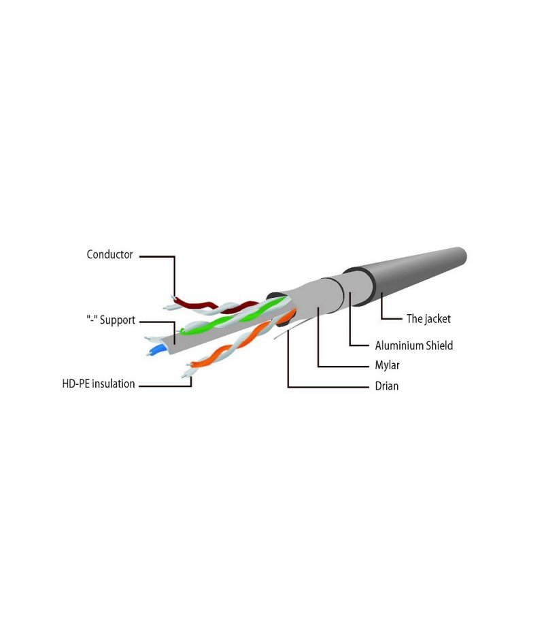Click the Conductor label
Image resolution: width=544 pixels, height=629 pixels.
point(109,254)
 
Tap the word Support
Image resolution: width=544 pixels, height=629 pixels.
point(118,320)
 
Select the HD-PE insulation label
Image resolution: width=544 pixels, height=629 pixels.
point(99,384)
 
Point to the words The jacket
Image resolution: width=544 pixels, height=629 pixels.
point(428,319)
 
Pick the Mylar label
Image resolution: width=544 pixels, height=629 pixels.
point(387,365)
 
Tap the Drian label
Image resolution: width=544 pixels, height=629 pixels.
point(387,386)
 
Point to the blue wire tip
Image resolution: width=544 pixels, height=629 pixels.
point(156,351)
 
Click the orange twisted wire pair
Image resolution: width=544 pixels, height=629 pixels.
point(241,341)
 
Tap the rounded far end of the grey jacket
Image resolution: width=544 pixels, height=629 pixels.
point(461,255)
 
